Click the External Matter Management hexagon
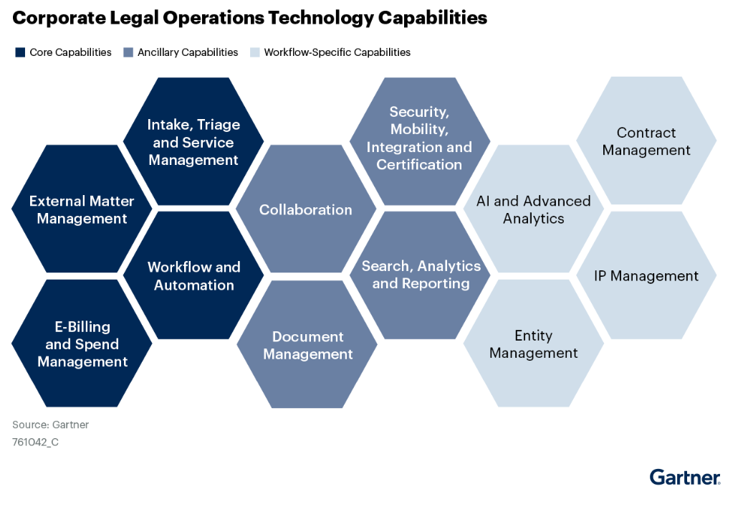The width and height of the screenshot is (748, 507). tap(82, 209)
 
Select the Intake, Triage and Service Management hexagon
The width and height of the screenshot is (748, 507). tap(193, 141)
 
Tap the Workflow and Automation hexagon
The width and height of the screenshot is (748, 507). tap(193, 275)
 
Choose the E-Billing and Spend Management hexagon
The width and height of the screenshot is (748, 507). tap(82, 343)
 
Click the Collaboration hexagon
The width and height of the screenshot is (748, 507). tap(306, 209)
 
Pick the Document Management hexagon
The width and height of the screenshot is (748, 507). tap(307, 344)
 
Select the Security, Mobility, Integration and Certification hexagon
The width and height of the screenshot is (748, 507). tap(420, 141)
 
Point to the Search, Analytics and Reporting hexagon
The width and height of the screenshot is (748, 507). tap(420, 275)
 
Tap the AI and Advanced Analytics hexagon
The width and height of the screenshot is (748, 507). tap(533, 209)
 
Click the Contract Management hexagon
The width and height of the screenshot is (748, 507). tap(646, 141)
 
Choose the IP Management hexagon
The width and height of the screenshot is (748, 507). tap(646, 275)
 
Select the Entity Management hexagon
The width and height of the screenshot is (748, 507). tap(533, 343)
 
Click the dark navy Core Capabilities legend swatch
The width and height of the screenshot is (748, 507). tap(20, 52)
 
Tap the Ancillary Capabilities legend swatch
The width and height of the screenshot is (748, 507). tap(128, 52)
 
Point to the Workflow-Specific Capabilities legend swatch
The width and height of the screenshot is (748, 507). tap(255, 52)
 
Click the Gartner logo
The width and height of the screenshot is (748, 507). tap(685, 477)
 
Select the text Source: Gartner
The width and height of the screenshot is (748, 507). tap(51, 425)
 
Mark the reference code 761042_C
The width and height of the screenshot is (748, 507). tap(35, 442)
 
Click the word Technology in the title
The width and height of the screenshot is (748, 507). tap(321, 18)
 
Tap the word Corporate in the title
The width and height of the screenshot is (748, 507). tap(59, 18)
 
